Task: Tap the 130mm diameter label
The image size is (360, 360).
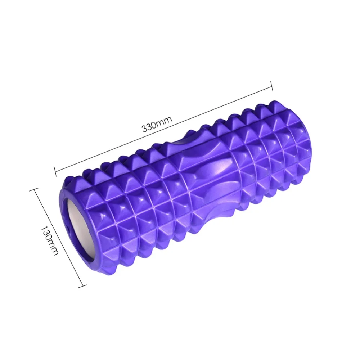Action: tap(50, 240)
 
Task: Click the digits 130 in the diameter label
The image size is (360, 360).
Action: tap(46, 233)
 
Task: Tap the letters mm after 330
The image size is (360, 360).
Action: tap(165, 120)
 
